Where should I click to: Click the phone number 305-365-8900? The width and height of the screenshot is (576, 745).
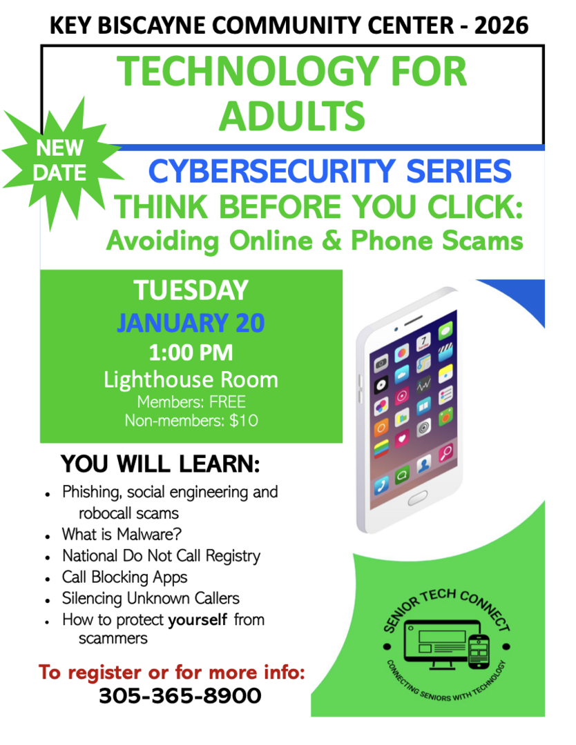pyautogui.click(x=180, y=696)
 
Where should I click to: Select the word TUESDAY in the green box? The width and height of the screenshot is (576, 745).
pyautogui.click(x=191, y=290)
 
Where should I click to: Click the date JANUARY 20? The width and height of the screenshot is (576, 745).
pyautogui.click(x=191, y=323)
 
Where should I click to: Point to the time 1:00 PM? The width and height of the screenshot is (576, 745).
pyautogui.click(x=191, y=353)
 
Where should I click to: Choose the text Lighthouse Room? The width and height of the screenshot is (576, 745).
pyautogui.click(x=191, y=379)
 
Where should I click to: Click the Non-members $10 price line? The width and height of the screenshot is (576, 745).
pyautogui.click(x=191, y=420)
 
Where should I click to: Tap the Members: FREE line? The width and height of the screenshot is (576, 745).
pyautogui.click(x=191, y=402)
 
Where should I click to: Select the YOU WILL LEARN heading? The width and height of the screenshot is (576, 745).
pyautogui.click(x=160, y=464)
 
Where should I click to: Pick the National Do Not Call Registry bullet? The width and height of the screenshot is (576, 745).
pyautogui.click(x=161, y=555)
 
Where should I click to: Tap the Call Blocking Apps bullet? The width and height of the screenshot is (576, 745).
pyautogui.click(x=124, y=577)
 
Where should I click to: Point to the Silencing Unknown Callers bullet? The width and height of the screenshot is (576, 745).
pyautogui.click(x=151, y=598)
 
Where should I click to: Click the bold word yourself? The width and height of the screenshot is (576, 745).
pyautogui.click(x=198, y=619)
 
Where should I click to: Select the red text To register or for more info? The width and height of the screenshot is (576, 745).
pyautogui.click(x=171, y=671)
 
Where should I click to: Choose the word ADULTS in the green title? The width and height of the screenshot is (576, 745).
pyautogui.click(x=292, y=115)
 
